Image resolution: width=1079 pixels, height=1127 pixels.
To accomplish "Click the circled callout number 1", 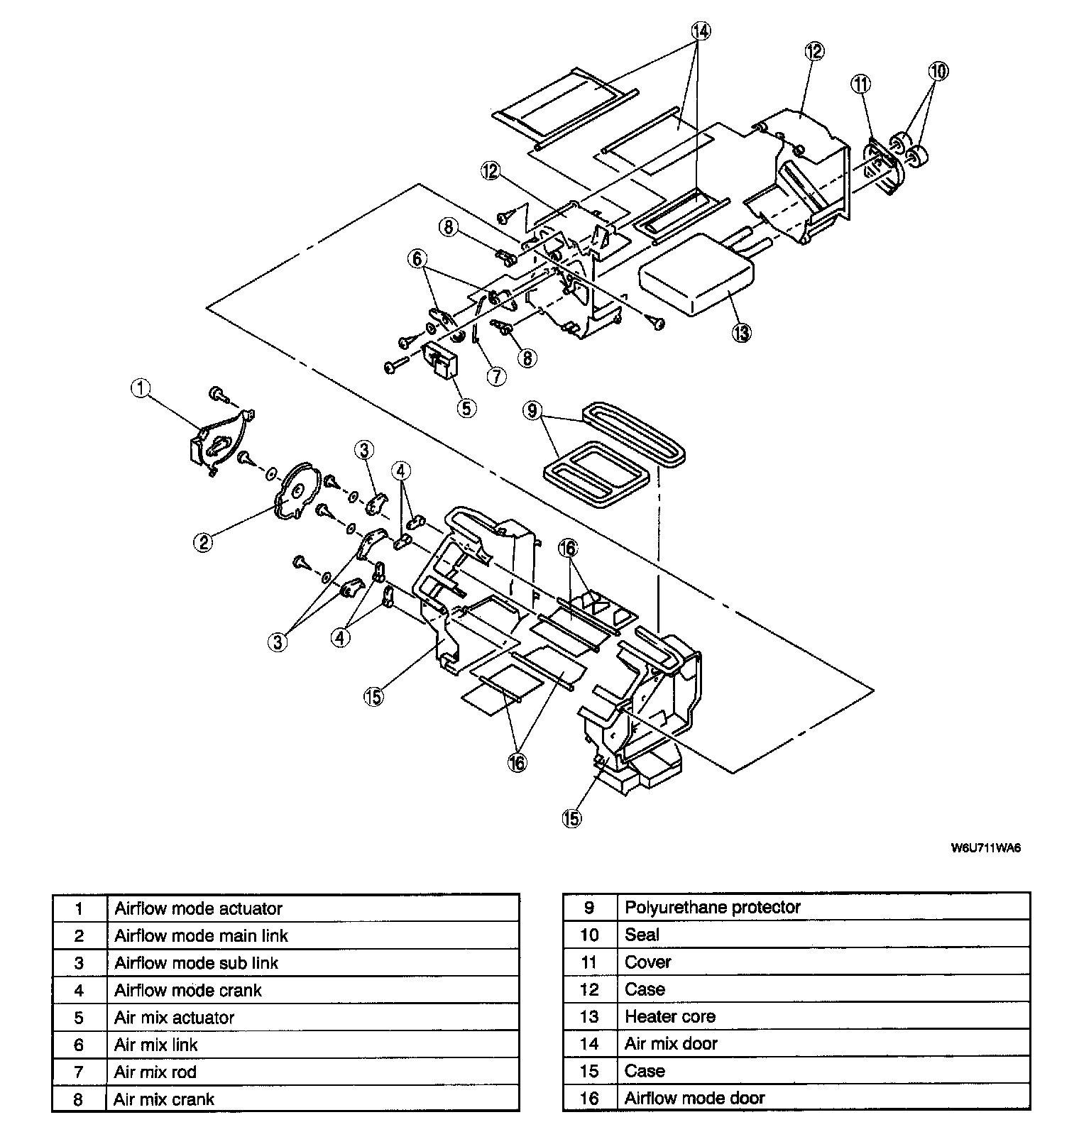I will coord(141,387).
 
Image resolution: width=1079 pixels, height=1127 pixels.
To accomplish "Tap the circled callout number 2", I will coord(203,542).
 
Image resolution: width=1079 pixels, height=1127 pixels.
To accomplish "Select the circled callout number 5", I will coord(466,407).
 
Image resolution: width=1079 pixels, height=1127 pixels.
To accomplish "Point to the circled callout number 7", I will coord(496,376).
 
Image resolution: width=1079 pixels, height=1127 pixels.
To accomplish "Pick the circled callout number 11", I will coord(860,84).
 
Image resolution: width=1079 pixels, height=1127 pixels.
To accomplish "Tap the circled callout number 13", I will coord(742,331).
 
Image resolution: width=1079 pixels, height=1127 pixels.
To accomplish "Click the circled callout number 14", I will coord(700,31).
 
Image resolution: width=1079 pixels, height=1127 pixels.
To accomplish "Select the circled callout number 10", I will coord(938,71).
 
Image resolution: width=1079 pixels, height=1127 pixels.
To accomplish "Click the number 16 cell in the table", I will coord(589,1098).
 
